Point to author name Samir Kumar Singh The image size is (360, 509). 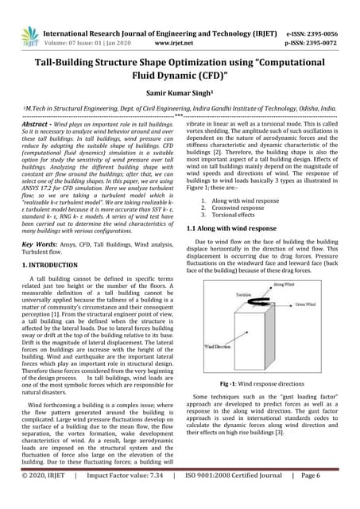tap(180, 91)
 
